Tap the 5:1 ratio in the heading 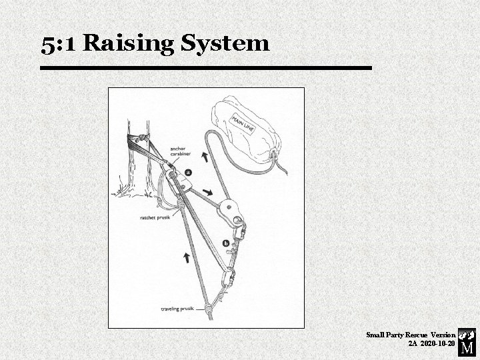click(x=59, y=43)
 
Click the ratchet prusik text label click(x=155, y=217)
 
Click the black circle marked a click(x=189, y=172)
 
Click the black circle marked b click(x=226, y=244)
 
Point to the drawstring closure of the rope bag click(x=274, y=157)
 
